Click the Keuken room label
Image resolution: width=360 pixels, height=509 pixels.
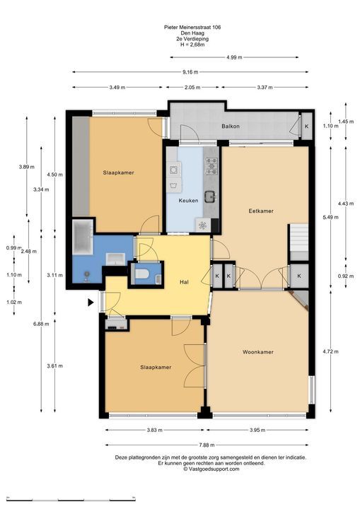(188, 201)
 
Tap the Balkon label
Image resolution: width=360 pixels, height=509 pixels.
(231, 126)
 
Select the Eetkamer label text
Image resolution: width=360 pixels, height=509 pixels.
(261, 211)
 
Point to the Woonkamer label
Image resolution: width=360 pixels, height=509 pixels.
(258, 352)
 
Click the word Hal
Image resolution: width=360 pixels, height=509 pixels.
(184, 282)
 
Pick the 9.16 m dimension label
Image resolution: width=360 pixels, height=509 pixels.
(190, 72)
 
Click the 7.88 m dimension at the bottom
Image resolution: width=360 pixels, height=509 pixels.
(206, 445)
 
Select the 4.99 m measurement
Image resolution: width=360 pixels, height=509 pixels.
(234, 57)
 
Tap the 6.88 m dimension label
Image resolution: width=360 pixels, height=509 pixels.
(41, 324)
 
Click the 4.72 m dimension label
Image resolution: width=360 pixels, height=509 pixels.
(330, 351)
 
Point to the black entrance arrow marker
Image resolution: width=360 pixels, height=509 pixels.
(91, 303)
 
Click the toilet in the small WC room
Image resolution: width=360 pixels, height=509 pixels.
(142, 274)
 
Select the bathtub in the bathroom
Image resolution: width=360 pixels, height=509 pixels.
(83, 237)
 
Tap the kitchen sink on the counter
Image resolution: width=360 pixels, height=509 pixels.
(210, 197)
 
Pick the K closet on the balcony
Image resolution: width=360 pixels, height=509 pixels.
(306, 127)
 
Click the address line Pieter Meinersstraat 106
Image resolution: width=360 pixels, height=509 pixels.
(192, 28)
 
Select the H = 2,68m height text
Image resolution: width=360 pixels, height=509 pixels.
(192, 45)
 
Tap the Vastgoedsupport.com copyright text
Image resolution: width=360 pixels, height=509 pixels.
(211, 469)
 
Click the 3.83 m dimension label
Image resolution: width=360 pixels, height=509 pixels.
(154, 430)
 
